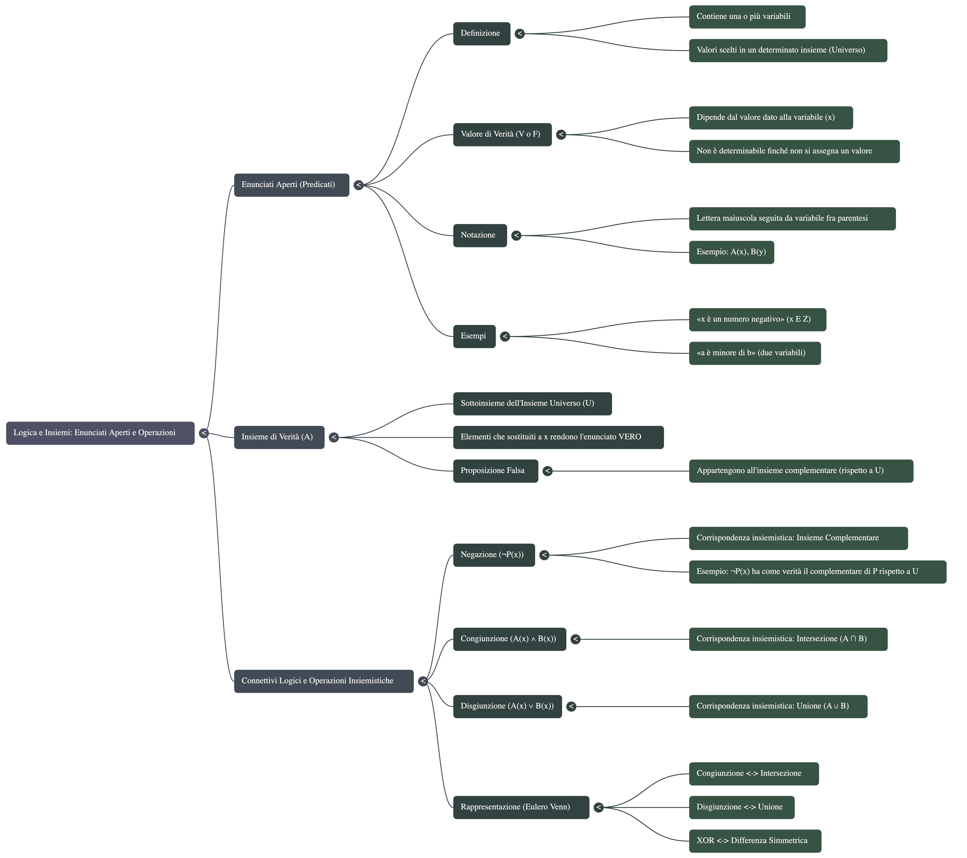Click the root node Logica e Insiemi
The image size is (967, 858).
100,433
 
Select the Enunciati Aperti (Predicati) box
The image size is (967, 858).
291,185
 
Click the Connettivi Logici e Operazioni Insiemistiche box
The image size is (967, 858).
324,681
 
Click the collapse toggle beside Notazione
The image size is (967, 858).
516,235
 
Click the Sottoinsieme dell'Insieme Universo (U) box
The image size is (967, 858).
532,403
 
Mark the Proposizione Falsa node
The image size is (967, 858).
495,471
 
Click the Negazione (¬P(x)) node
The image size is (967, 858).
494,555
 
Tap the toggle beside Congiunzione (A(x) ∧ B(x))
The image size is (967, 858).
575,639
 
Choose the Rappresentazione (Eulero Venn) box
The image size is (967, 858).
521,807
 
